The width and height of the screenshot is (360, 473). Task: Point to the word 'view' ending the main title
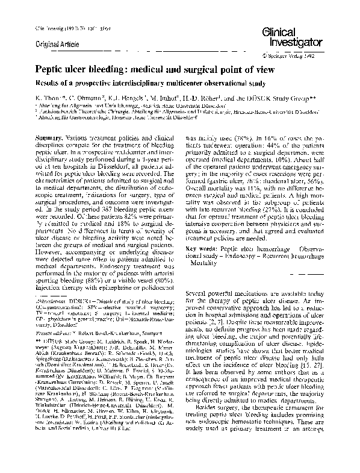tap(262, 70)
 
